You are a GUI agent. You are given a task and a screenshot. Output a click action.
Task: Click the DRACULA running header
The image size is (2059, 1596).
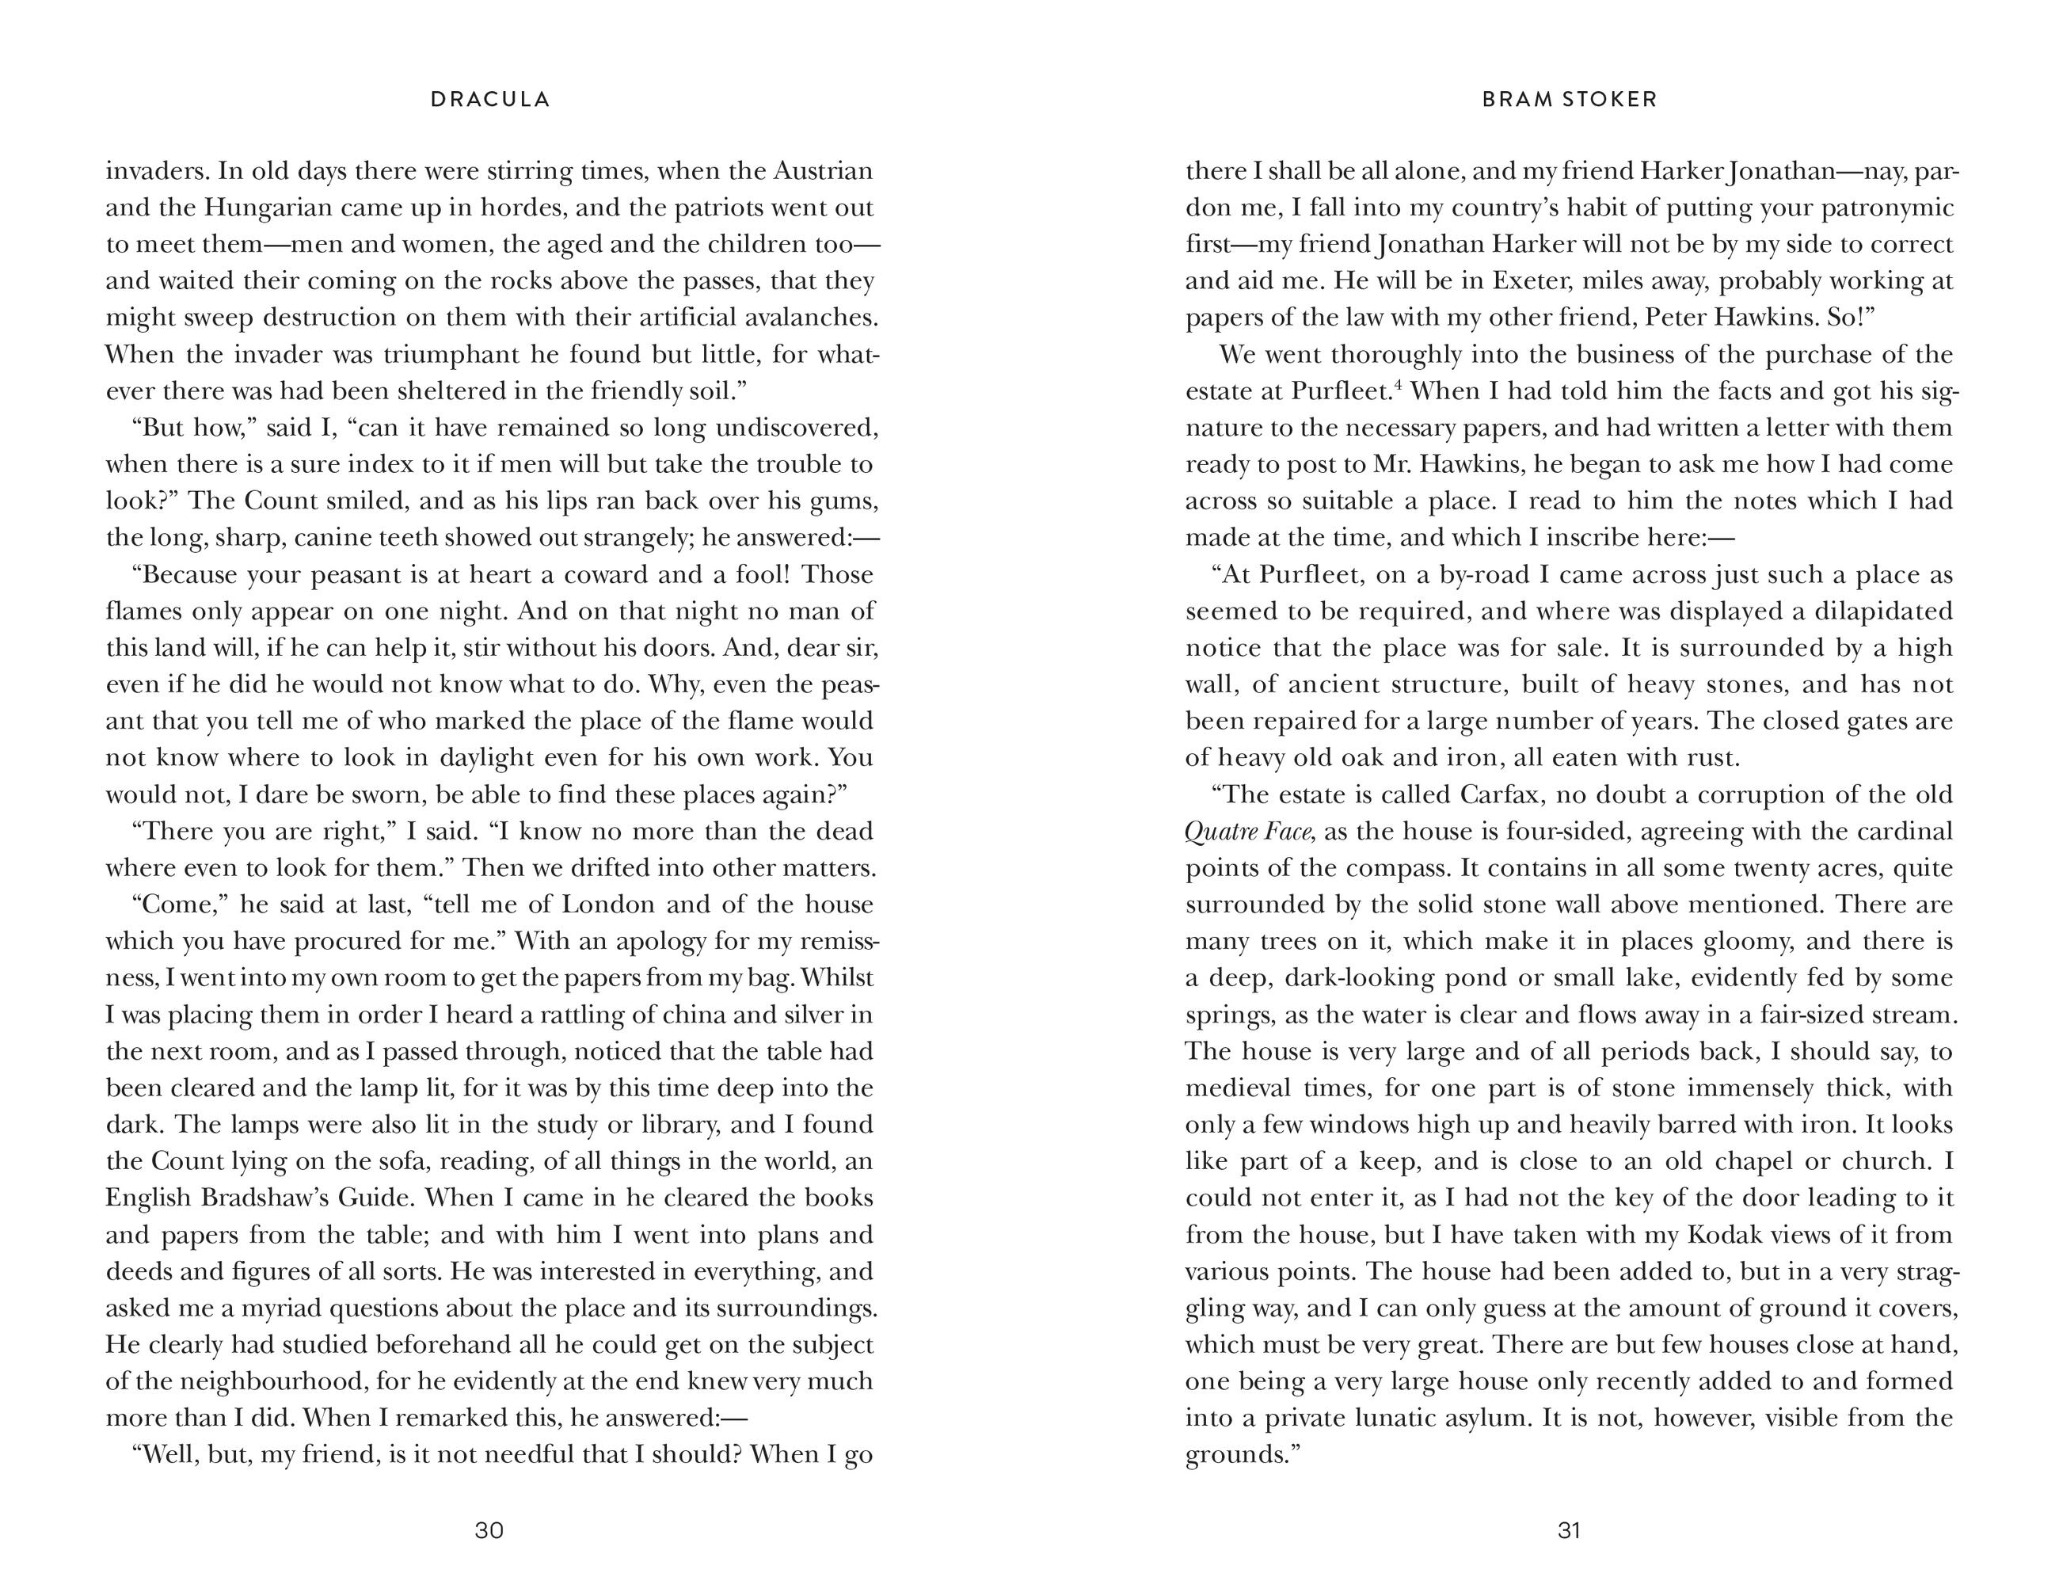coord(490,99)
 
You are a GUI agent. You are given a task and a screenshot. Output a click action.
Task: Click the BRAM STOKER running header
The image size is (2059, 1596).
coord(1570,99)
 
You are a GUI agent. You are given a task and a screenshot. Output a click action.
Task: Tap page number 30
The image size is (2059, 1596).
coord(489,1530)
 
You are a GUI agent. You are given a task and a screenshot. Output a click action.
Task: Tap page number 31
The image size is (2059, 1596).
coord(1569,1530)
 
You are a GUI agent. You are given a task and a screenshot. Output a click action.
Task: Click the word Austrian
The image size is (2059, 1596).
coord(823,172)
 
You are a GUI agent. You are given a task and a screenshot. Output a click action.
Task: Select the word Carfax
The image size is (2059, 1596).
coord(1501,794)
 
